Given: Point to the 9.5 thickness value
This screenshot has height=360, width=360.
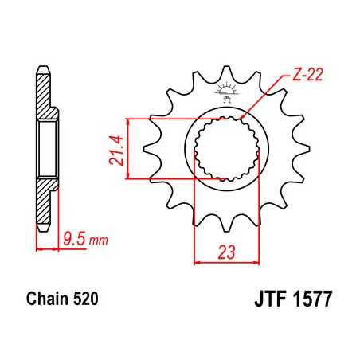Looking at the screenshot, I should [74, 237].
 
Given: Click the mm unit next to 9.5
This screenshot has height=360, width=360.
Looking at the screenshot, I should [97, 238].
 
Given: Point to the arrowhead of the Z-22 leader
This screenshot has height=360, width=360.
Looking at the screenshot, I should [244, 118].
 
